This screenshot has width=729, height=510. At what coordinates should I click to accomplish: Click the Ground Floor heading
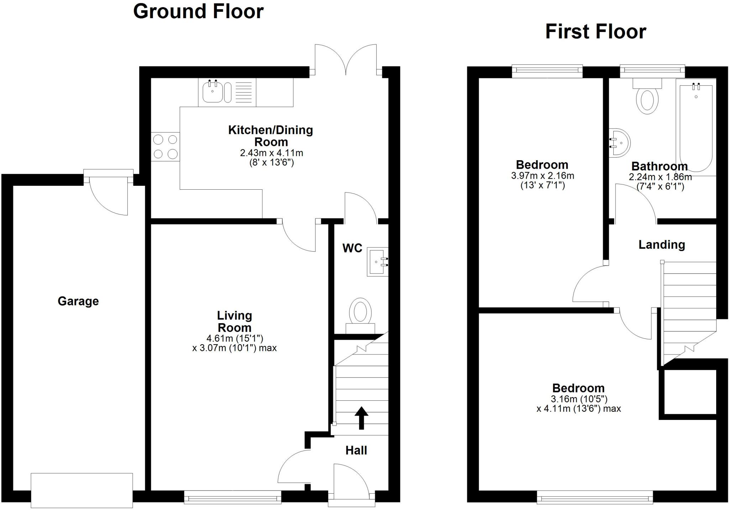tap(198, 11)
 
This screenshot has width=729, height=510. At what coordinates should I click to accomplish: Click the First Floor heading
tap(596, 32)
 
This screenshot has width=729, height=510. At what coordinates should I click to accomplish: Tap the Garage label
tap(78, 301)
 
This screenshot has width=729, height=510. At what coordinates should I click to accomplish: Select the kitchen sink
tap(213, 92)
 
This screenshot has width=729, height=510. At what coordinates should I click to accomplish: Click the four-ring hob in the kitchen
tap(165, 146)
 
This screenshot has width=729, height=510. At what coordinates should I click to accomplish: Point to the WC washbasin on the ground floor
tap(377, 262)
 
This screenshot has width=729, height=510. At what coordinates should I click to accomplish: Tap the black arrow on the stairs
tap(361, 417)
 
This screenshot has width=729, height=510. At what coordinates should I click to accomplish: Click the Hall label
tap(356, 450)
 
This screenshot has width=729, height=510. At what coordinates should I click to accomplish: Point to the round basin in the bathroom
tap(620, 143)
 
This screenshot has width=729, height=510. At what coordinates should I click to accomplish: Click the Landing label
tap(661, 245)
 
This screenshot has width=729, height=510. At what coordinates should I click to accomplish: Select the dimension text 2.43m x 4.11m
tap(271, 153)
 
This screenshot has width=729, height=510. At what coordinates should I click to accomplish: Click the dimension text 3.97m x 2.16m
tap(542, 176)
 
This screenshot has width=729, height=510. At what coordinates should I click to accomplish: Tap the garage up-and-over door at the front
tap(82, 490)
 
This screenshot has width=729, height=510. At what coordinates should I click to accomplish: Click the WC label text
tap(352, 248)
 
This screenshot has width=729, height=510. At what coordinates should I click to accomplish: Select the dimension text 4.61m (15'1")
tap(235, 338)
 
